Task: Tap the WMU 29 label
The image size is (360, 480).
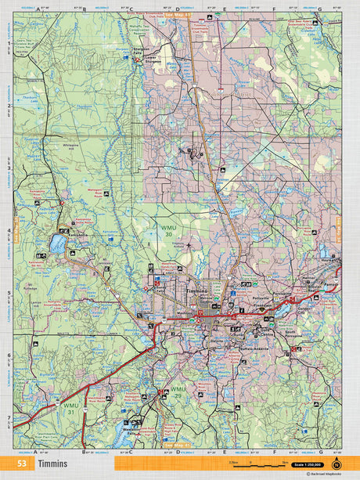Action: [178, 392]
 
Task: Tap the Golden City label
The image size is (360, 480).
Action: [304, 310]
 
